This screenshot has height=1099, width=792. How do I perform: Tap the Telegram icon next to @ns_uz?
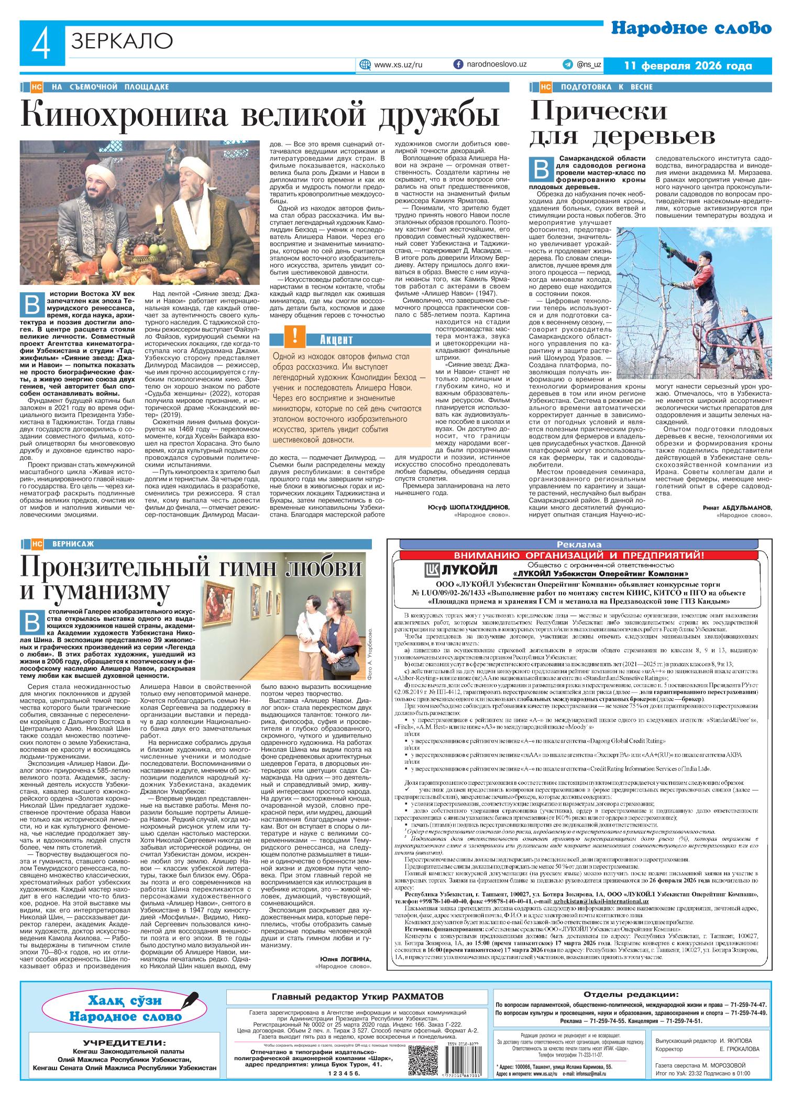tap(567, 64)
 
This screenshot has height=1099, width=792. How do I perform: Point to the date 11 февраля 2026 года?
tap(688, 65)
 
